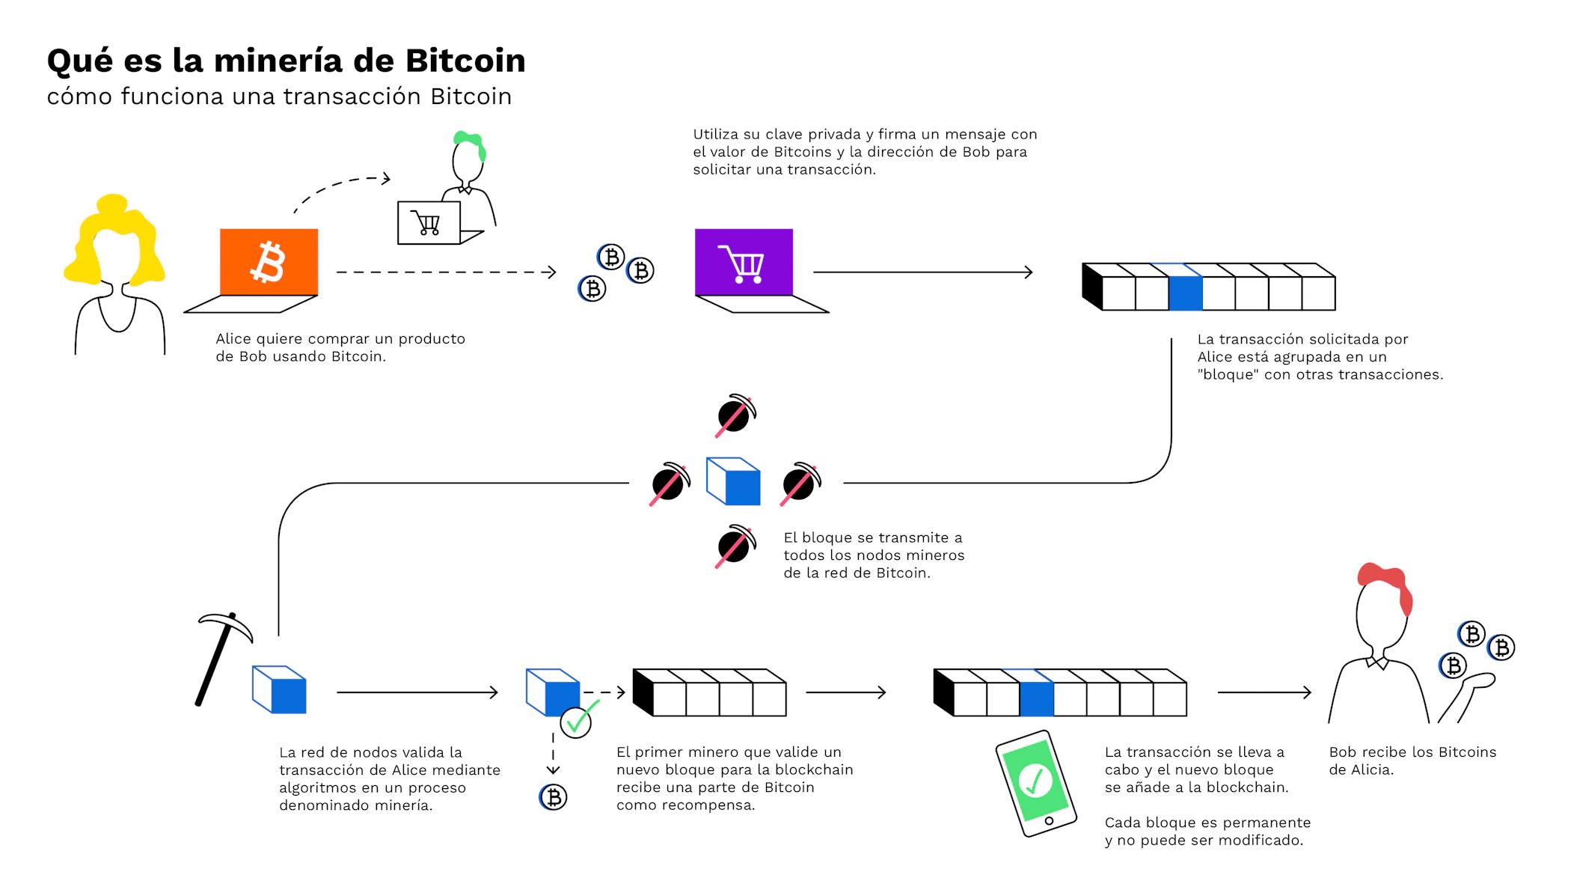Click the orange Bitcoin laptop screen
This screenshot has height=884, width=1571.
click(269, 262)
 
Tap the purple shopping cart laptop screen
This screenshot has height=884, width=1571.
click(744, 262)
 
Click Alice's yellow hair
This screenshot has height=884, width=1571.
click(114, 240)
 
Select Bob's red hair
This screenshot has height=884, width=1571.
click(1385, 584)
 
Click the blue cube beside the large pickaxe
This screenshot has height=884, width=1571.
click(279, 689)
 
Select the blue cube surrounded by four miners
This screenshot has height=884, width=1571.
click(733, 481)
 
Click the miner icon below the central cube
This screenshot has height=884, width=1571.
click(735, 546)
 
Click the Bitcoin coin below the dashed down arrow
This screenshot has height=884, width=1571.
click(554, 797)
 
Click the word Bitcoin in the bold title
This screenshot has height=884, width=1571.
click(465, 61)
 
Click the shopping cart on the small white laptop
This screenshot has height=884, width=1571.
click(426, 223)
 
